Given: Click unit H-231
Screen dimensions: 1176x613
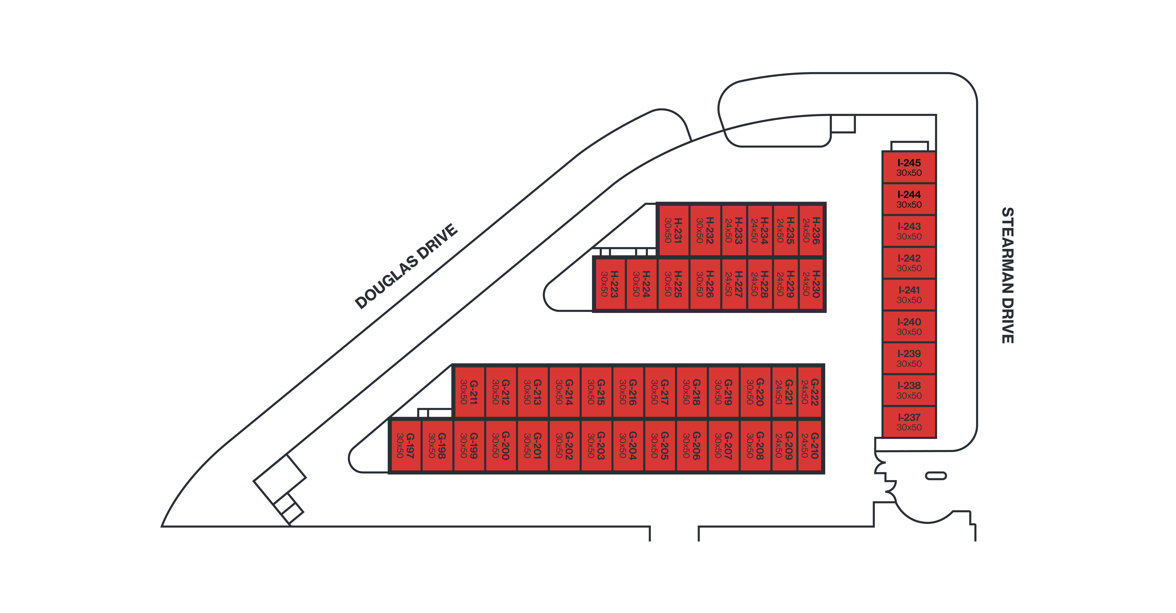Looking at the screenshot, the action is [673, 230].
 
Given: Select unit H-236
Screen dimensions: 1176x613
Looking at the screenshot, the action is [811, 230].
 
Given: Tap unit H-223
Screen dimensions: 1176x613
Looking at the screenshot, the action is [609, 284].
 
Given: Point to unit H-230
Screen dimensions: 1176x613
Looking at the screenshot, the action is [811, 284].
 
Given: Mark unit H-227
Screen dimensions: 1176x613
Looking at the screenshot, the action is [734, 284].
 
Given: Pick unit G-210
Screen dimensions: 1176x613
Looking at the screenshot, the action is [810, 445].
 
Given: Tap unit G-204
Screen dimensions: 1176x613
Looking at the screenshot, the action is [628, 445].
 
